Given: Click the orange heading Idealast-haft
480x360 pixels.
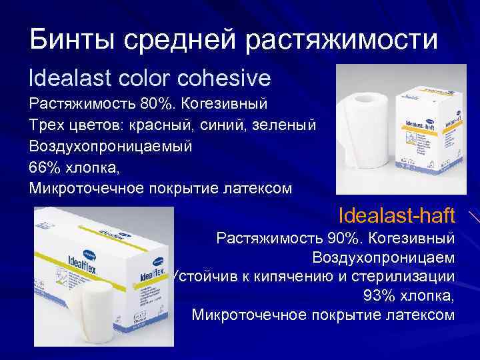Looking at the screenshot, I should pos(397,215).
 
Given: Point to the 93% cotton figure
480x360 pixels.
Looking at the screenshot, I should pos(377,295).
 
